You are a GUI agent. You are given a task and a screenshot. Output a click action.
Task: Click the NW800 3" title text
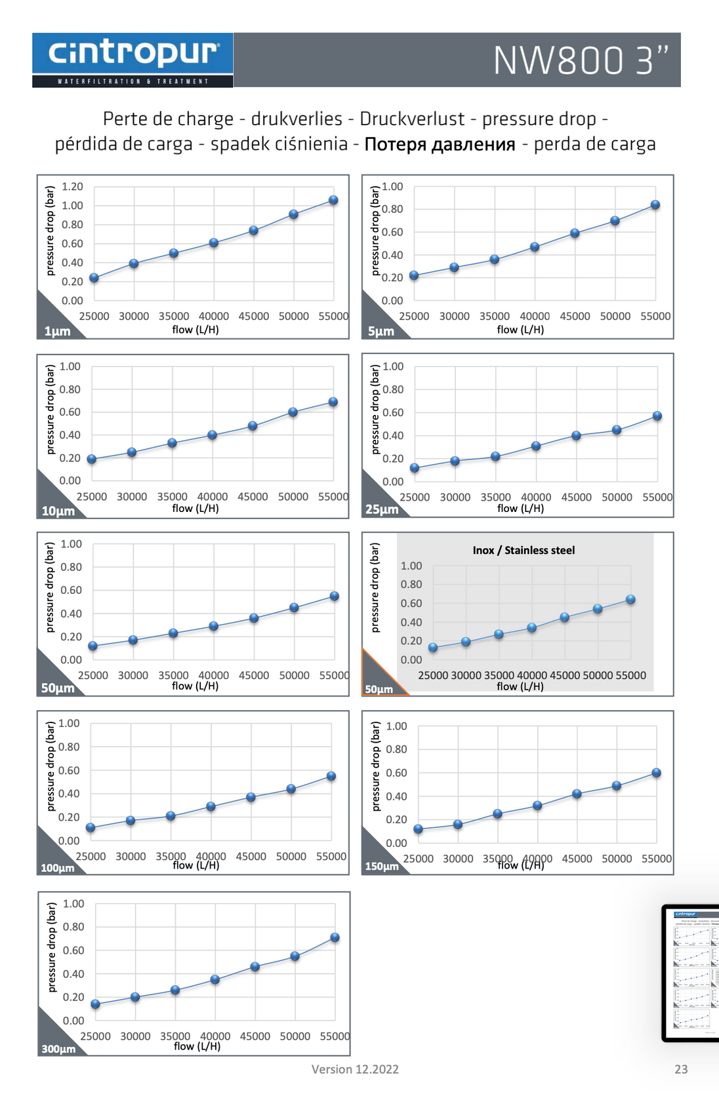[581, 60]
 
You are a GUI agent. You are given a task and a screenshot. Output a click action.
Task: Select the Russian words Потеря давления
[440, 144]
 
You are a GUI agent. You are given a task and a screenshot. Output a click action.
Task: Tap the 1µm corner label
[57, 331]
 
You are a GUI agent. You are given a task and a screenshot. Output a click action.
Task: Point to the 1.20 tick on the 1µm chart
[72, 187]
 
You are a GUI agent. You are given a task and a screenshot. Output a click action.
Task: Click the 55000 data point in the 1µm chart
[333, 200]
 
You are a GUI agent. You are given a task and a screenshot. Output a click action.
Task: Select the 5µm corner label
[381, 331]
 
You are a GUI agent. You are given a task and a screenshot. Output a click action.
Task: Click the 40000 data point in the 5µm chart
[535, 247]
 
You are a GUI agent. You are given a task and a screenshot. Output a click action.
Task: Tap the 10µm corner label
[58, 511]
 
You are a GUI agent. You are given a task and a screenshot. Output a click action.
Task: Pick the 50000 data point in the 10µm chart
[293, 412]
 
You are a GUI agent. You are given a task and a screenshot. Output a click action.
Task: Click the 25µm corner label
[382, 509]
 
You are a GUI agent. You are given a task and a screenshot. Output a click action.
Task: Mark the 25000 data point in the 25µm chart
[415, 468]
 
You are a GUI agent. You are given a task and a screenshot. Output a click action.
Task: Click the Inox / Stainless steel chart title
[524, 551]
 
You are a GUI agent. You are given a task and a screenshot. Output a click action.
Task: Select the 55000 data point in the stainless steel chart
[630, 599]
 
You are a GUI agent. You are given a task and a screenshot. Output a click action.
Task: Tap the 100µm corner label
[58, 868]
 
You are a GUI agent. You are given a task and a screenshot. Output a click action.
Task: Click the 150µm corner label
[382, 867]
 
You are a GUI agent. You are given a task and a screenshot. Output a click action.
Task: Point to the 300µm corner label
[58, 1049]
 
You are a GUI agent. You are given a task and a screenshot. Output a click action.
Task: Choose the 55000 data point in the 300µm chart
[335, 937]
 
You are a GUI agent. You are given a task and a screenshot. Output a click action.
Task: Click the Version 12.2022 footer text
[355, 1069]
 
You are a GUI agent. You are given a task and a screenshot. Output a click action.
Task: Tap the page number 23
[681, 1069]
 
